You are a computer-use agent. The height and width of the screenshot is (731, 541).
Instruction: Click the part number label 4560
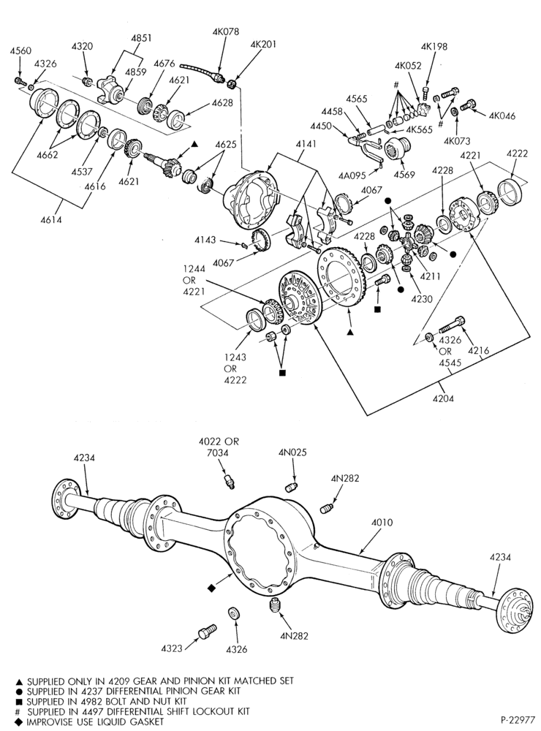pyautogui.click(x=20, y=52)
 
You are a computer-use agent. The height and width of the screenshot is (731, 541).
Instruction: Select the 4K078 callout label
pyautogui.click(x=226, y=31)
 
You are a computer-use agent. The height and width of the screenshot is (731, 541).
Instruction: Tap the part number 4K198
pyautogui.click(x=434, y=47)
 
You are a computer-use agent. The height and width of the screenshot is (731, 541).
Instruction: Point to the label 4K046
pyautogui.click(x=502, y=116)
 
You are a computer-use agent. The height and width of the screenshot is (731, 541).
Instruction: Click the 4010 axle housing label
pyautogui.click(x=382, y=523)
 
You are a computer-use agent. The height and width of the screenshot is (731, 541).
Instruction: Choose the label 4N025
pyautogui.click(x=293, y=452)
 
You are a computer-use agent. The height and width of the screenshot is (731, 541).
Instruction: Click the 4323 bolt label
pyautogui.click(x=172, y=648)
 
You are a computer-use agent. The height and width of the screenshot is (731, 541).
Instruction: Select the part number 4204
pyautogui.click(x=443, y=398)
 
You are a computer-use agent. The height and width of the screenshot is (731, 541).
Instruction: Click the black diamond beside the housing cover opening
pyautogui.click(x=211, y=588)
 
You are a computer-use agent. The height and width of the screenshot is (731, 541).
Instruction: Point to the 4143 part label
pyautogui.click(x=206, y=240)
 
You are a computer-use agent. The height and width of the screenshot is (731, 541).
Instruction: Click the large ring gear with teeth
pyautogui.click(x=340, y=276)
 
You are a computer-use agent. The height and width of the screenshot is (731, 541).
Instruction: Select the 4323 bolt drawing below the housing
pyautogui.click(x=207, y=632)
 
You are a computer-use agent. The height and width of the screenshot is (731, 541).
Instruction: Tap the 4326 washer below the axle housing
pyautogui.click(x=233, y=612)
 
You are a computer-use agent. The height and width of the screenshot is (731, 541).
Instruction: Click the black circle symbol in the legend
pyautogui.click(x=19, y=691)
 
